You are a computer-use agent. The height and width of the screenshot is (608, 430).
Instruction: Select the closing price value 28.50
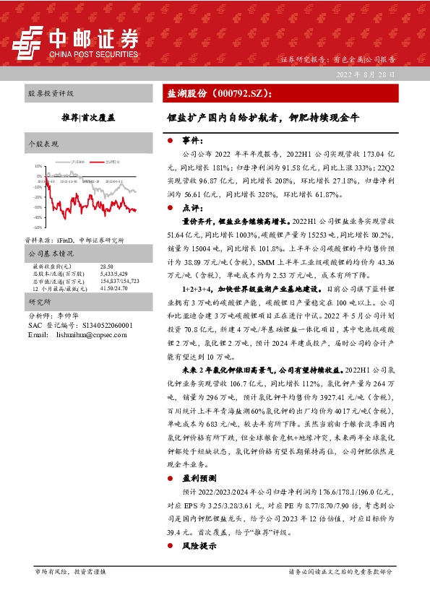pos(108,266)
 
